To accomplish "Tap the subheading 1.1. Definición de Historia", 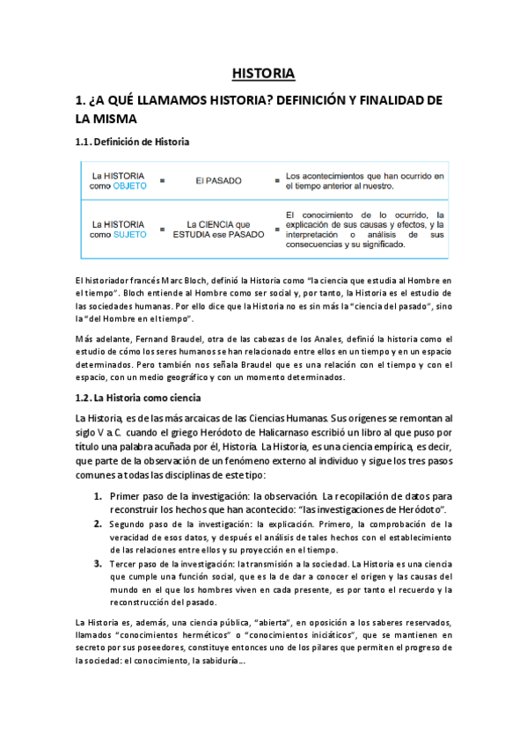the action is tap(132, 142).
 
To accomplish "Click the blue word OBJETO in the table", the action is tap(129, 186).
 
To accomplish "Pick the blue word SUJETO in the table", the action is tap(129, 235).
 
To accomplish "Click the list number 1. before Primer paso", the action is tap(98, 495).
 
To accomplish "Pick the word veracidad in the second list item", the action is tap(133, 538).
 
